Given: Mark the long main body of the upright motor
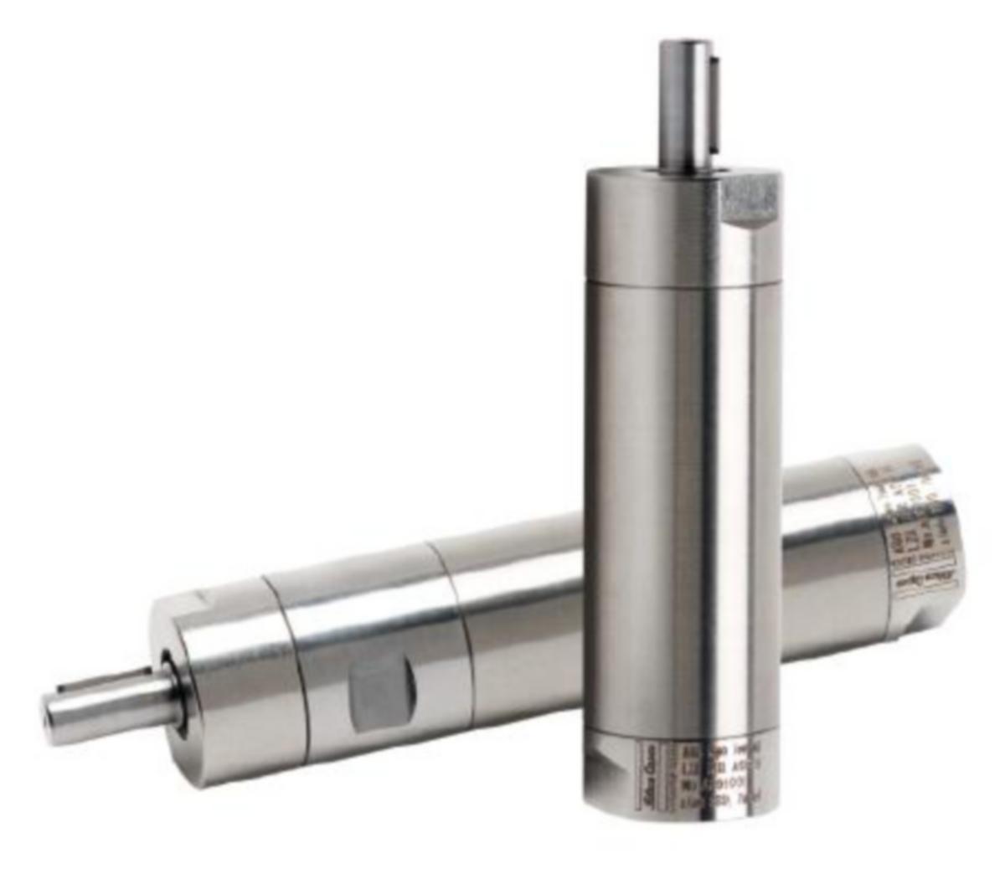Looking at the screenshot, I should coord(683,502).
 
